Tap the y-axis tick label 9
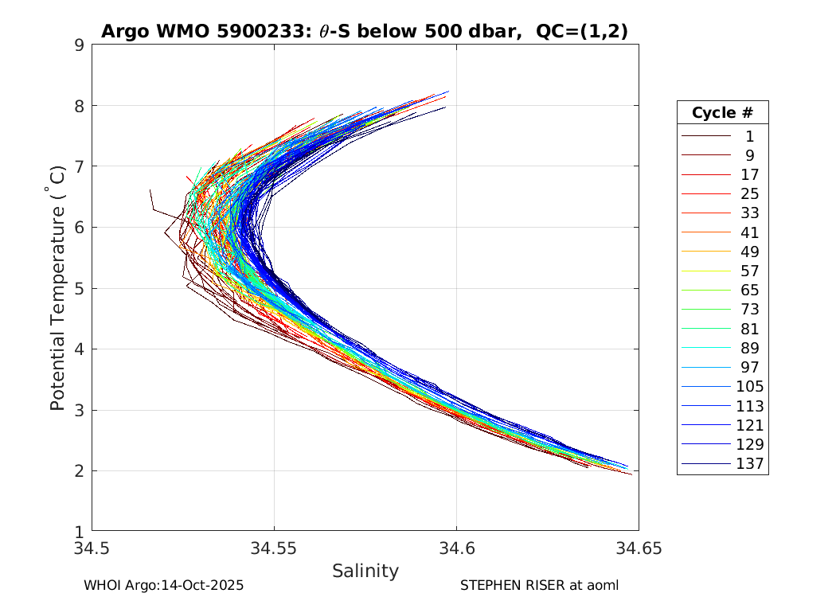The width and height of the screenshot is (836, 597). (80, 45)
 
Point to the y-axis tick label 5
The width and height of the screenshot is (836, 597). (80, 288)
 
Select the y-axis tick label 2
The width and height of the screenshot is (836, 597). (80, 470)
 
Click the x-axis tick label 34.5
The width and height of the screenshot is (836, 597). (92, 548)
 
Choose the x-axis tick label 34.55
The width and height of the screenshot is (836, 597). (274, 548)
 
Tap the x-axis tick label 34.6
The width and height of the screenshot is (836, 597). (456, 548)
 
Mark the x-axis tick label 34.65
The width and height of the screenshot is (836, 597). (639, 548)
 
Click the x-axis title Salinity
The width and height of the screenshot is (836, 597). (365, 571)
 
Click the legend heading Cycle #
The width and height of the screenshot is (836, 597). (722, 112)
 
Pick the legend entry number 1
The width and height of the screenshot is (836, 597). (749, 136)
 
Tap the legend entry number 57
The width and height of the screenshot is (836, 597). (749, 271)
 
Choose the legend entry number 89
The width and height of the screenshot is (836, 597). (749, 348)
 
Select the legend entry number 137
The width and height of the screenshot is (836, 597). (749, 463)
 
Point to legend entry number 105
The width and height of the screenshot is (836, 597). (749, 386)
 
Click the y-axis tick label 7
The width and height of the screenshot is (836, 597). (80, 166)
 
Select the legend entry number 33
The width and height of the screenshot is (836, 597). (749, 213)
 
